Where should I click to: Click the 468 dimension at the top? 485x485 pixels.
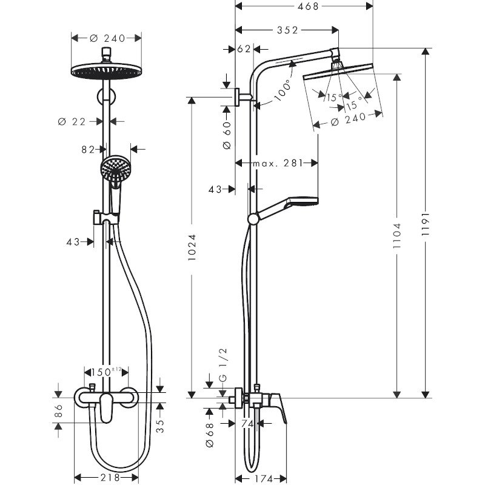pos(304,7)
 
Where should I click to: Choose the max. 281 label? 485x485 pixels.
pos(276,162)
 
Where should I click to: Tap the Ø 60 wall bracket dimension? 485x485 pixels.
pos(226,135)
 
